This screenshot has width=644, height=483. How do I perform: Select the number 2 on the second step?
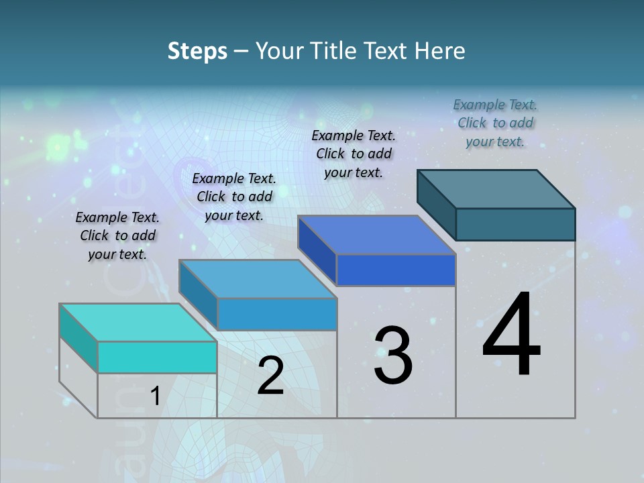tap(270, 376)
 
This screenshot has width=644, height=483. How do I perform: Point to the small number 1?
tap(155, 396)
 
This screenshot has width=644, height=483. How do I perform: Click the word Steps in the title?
tap(197, 51)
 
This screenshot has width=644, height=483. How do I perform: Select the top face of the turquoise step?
tap(138, 323)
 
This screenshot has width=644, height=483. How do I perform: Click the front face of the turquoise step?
tap(157, 357)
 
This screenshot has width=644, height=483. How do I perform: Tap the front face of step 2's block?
tap(277, 314)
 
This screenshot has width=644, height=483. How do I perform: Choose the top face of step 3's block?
tap(377, 235)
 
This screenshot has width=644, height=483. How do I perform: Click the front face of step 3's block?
tap(396, 270)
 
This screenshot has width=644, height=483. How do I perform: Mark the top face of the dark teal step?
tap(496, 189)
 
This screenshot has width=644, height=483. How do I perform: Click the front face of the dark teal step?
tap(515, 224)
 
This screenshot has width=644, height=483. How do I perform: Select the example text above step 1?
tap(117, 235)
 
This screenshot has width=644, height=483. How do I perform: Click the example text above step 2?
tap(234, 197)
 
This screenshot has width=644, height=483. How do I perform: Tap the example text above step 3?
tap(354, 154)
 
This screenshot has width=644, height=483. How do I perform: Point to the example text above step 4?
tap(495, 123)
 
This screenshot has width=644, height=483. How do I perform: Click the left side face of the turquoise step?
tap(78, 338)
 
